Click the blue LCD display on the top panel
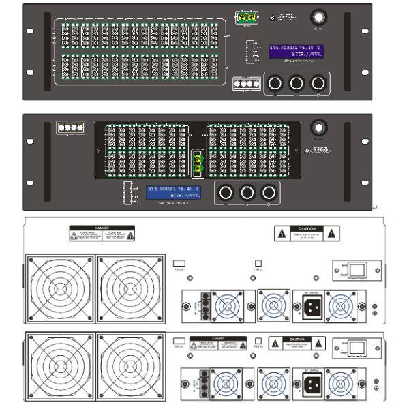(297, 52)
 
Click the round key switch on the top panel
(318, 18)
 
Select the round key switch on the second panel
(317, 127)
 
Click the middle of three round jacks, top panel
(297, 83)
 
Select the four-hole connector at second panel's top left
(70, 127)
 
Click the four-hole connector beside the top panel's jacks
(246, 83)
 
